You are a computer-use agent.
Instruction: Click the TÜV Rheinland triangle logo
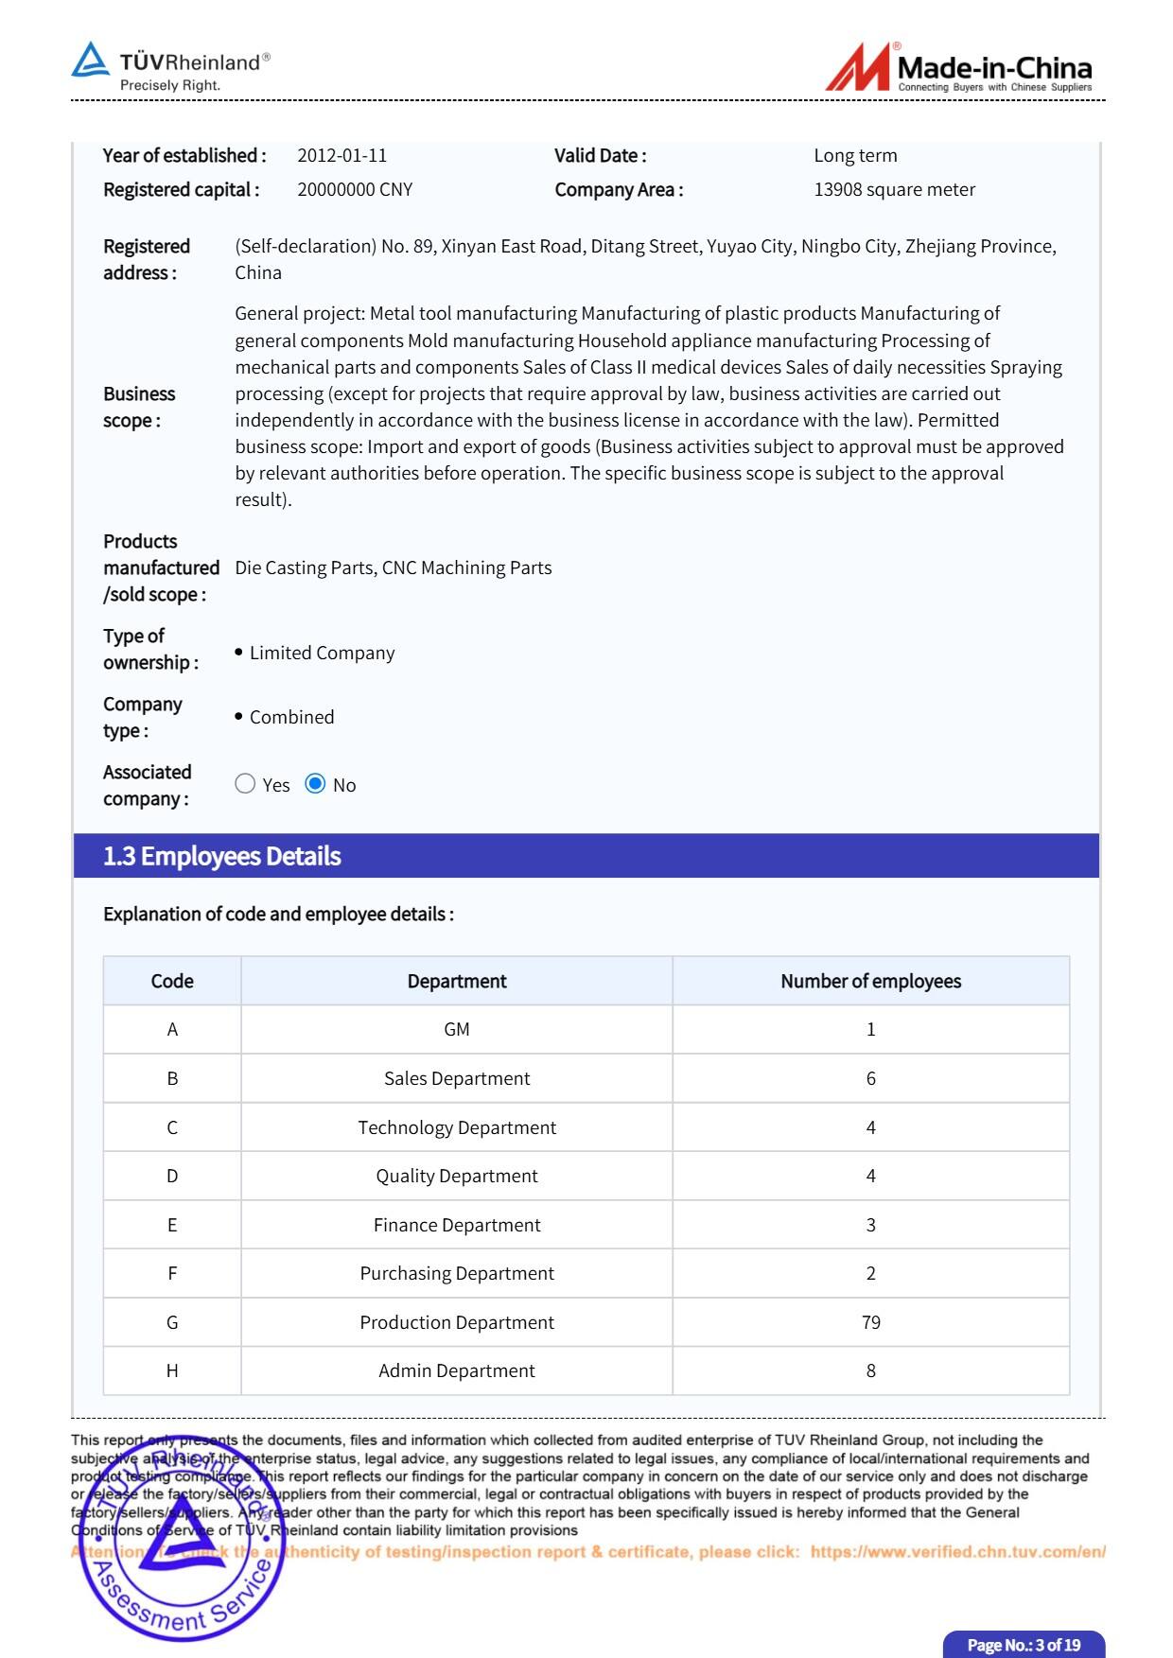coord(91,60)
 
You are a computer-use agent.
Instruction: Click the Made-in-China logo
coord(958,68)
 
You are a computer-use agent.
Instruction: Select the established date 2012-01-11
coord(341,156)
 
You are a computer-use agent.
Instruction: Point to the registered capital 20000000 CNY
coord(355,190)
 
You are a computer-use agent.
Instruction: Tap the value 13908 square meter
coord(894,190)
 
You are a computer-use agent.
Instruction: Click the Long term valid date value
coord(855,156)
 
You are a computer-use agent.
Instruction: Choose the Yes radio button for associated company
coord(245,784)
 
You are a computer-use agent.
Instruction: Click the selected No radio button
coord(316,784)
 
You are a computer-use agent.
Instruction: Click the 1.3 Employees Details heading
coord(221,856)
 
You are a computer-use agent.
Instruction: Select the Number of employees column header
coord(870,982)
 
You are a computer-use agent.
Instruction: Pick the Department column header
coord(457,982)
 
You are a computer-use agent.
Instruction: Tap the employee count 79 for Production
coord(870,1322)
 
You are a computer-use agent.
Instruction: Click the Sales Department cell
coord(457,1079)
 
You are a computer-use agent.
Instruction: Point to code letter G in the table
coord(172,1322)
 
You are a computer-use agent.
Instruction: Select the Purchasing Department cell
coord(457,1274)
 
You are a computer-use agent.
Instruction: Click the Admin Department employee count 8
coord(870,1370)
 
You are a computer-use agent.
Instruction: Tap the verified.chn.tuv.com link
coord(957,1552)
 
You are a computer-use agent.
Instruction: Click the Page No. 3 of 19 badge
coord(1024,1645)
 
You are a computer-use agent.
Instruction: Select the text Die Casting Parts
coord(305,568)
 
